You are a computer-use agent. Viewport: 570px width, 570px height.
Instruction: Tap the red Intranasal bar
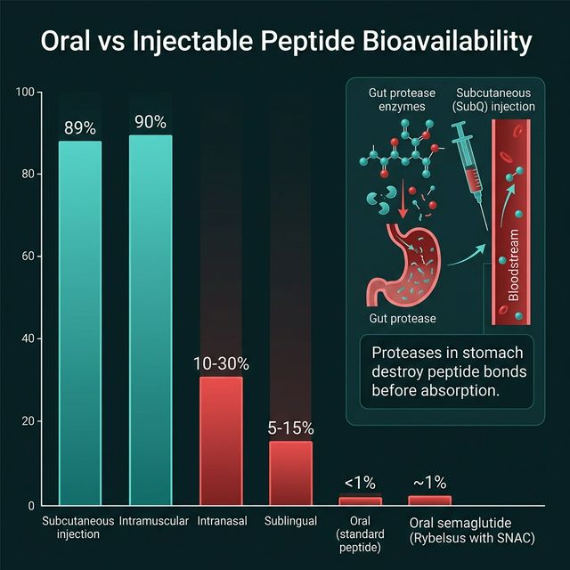(221, 440)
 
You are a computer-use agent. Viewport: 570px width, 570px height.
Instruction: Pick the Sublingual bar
(291, 472)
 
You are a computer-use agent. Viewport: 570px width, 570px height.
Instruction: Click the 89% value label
(80, 128)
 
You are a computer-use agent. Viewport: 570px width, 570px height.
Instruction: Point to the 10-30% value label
(221, 363)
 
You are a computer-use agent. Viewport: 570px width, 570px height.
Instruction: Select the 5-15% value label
(291, 427)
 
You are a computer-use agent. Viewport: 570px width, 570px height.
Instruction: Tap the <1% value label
(359, 483)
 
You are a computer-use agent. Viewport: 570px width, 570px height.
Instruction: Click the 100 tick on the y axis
(24, 93)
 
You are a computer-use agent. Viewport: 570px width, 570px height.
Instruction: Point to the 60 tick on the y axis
(27, 256)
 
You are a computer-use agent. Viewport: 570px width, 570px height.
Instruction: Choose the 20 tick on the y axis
(27, 421)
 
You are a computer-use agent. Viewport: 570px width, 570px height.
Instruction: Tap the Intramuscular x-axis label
(151, 521)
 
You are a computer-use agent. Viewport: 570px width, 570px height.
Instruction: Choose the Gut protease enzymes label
(397, 100)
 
